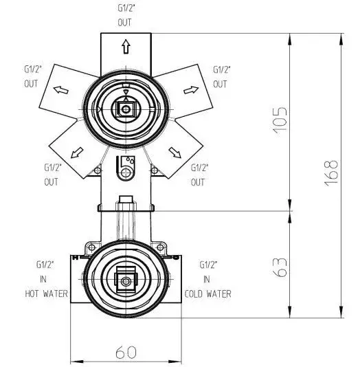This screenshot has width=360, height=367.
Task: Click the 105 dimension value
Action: (280, 121)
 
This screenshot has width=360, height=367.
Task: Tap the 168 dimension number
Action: (331, 173)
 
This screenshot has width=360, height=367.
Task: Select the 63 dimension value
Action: (280, 268)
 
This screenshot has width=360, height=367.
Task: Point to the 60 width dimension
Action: (126, 353)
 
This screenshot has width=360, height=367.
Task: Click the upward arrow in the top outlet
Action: (126, 46)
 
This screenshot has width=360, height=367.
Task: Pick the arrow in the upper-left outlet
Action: (61, 89)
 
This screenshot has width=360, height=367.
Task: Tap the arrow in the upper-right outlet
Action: (191, 90)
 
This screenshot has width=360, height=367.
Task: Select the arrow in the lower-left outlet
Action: (77, 153)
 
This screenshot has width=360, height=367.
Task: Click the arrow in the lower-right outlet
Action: (175, 153)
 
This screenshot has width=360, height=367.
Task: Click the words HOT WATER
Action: (46, 293)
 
